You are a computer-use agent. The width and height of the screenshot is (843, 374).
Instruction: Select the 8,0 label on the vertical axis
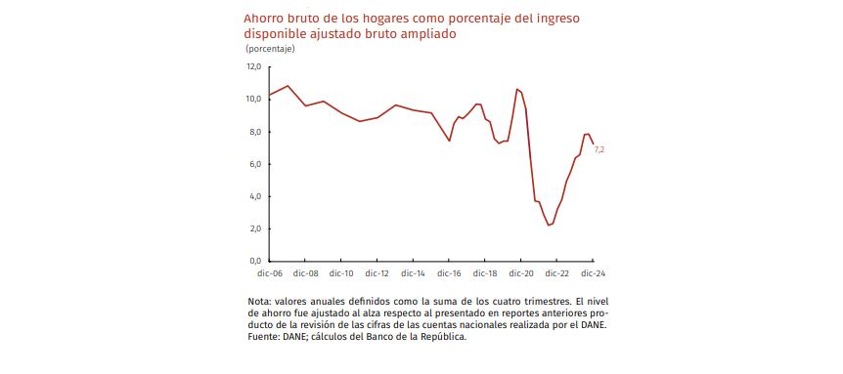pos(254,132)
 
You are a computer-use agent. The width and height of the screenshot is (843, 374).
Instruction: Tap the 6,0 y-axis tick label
pos(254,164)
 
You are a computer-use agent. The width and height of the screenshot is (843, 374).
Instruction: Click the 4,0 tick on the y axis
pos(254,196)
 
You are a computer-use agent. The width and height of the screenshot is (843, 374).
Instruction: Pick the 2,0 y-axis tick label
pos(254,229)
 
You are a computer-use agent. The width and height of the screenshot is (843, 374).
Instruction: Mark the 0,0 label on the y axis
pos(254,261)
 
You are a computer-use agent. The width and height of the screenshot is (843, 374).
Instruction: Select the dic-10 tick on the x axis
pos(341,274)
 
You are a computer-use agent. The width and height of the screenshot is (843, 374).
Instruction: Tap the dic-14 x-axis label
pos(413,274)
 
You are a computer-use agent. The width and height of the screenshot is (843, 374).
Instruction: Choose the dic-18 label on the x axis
pos(485,274)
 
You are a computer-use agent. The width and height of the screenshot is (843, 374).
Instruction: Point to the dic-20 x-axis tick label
pos(521,274)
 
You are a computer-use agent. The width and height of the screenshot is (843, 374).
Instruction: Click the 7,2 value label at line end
pos(599,149)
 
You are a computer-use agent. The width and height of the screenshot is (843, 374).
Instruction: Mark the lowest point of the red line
pos(550,226)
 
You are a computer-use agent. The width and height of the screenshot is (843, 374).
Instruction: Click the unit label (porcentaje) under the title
pos(270,47)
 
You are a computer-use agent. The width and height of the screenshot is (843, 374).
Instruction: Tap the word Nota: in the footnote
pos(261,301)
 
